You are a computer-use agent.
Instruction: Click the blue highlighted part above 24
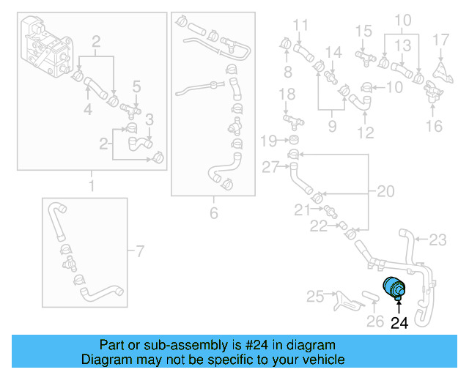click(394, 289)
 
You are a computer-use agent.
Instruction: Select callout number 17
click(440, 38)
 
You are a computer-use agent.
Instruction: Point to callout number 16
click(435, 126)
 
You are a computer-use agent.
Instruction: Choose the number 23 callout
click(437, 239)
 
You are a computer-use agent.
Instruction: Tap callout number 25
click(314, 296)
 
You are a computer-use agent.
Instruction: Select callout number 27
click(270, 167)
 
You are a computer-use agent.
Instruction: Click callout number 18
click(287, 94)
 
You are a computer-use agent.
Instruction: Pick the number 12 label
click(365, 133)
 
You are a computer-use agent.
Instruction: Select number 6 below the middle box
click(214, 212)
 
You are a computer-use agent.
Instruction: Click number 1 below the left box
click(92, 186)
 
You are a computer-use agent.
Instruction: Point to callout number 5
click(136, 88)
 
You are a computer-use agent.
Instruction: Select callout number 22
click(319, 227)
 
